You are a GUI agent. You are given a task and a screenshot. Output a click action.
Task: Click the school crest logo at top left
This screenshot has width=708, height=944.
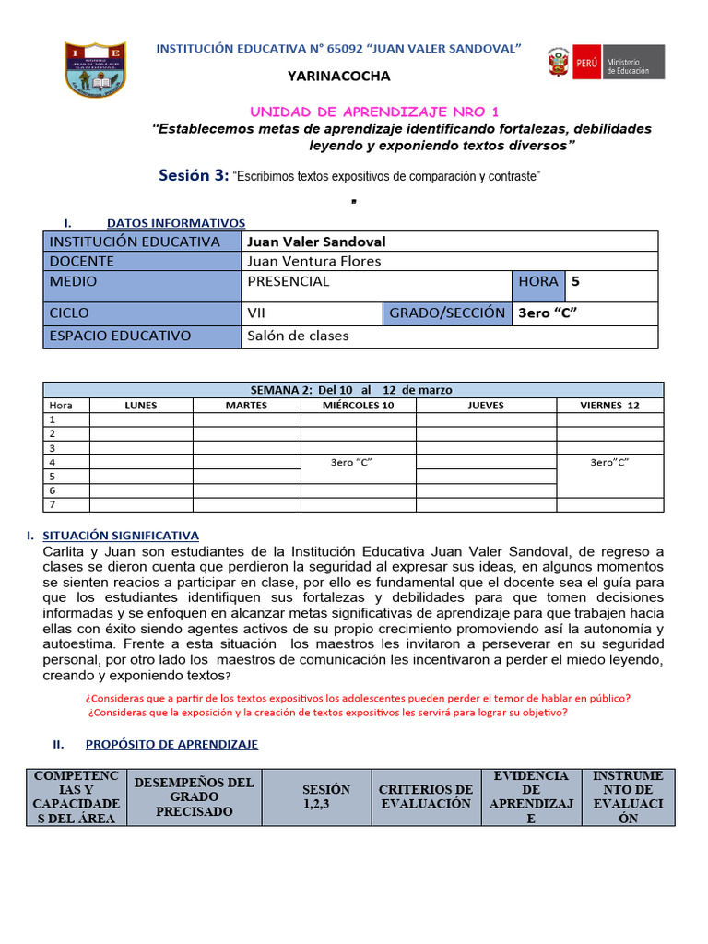(96, 68)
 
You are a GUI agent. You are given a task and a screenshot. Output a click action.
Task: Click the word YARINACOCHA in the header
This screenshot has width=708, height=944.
(338, 76)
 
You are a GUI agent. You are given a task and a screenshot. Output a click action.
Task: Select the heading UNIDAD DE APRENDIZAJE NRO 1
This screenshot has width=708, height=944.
(374, 111)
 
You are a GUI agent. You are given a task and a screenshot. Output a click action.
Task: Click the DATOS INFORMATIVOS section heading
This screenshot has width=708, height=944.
(176, 222)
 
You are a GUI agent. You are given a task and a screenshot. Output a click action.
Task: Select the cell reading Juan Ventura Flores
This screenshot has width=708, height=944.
(313, 261)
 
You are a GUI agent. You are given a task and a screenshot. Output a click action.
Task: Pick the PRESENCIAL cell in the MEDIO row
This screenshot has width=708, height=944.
(289, 282)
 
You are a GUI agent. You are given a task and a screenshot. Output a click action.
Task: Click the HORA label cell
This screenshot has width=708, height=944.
(538, 282)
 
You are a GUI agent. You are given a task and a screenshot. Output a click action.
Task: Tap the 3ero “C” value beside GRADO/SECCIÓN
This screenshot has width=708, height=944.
(548, 313)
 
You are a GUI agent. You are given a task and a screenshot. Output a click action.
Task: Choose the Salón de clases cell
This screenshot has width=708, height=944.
(299, 336)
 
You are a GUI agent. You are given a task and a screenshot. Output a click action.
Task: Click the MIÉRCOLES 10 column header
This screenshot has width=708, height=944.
(358, 405)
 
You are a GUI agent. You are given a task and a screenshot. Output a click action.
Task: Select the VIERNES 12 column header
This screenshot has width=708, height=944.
(609, 405)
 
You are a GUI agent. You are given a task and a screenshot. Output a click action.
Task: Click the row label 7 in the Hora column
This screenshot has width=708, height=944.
(53, 505)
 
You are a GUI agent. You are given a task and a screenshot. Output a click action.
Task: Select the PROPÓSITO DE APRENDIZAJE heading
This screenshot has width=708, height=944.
(171, 744)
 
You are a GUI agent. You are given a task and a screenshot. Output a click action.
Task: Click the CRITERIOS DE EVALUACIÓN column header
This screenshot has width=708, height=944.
(425, 796)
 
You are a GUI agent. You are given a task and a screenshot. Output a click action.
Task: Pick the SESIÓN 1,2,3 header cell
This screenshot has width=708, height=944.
(326, 796)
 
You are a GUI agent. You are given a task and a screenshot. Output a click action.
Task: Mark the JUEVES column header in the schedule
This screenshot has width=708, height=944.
(486, 405)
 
